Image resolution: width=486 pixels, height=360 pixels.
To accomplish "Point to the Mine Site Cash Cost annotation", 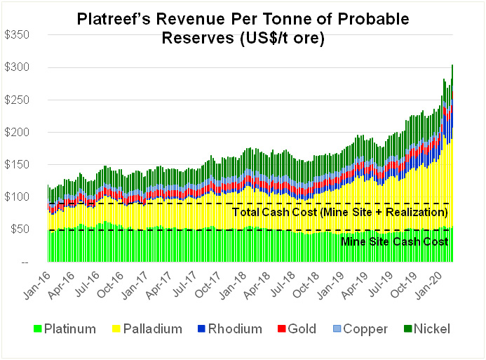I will point(394,242).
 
